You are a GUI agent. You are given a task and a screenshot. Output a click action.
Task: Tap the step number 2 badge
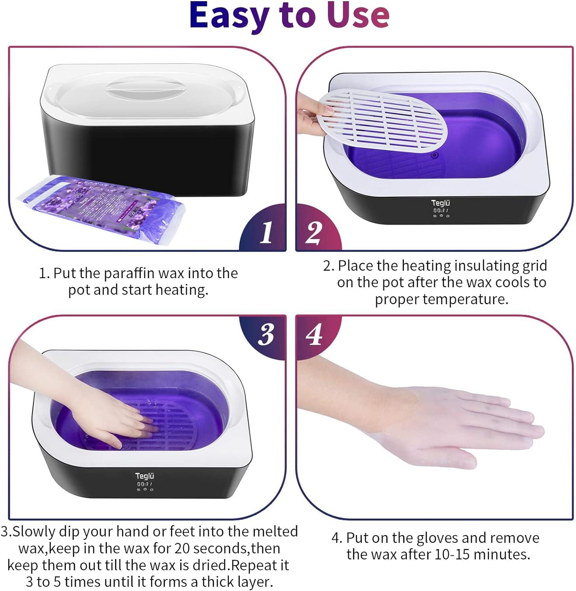click(x=314, y=232)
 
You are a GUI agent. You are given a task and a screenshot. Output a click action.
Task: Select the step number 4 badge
click(x=314, y=335)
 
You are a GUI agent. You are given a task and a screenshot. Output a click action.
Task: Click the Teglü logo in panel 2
click(x=440, y=203)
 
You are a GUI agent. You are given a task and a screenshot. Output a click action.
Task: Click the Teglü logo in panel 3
click(x=144, y=476)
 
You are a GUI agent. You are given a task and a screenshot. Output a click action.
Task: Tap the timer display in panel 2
click(x=441, y=210)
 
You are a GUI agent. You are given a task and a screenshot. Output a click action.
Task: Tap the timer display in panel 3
click(x=144, y=484)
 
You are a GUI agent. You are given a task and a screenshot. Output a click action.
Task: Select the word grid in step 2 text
click(x=535, y=266)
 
